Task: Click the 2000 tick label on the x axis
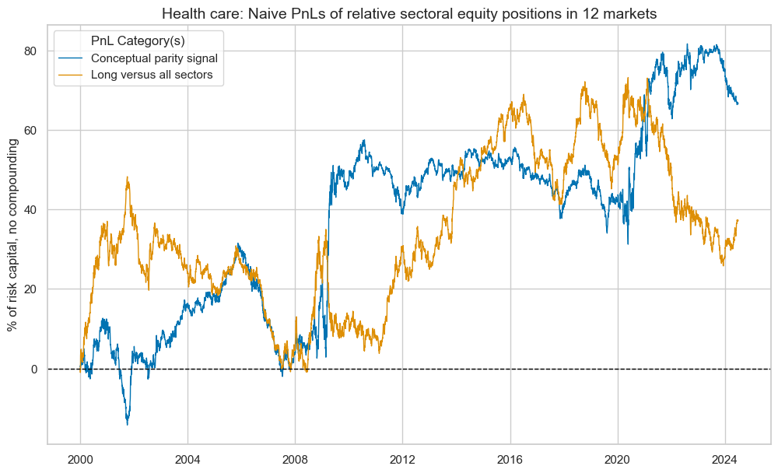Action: point(80,458)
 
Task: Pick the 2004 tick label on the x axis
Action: point(187,458)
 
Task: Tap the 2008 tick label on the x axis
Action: point(295,458)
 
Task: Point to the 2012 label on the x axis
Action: point(402,458)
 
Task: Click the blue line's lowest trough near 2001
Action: point(128,424)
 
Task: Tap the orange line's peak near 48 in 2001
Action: point(127,177)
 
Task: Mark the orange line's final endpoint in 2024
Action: point(738,220)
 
